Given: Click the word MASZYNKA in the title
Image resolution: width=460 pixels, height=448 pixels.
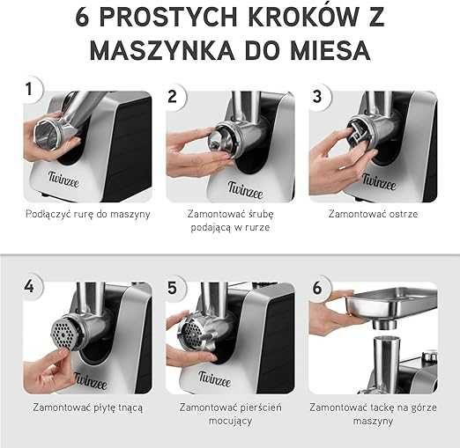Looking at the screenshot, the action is click(x=162, y=50).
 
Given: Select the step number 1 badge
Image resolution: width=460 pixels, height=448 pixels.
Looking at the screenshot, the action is click(x=29, y=89).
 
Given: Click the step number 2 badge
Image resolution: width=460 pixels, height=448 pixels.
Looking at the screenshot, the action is click(x=173, y=96).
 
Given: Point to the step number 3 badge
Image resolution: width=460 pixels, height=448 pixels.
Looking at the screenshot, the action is click(x=317, y=96).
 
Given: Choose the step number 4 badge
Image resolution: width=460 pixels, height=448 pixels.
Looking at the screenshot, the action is click(x=29, y=286).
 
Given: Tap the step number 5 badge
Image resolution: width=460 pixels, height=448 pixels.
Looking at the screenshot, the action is click(x=173, y=288).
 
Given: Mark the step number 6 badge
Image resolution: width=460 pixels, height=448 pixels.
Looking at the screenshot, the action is click(x=317, y=288).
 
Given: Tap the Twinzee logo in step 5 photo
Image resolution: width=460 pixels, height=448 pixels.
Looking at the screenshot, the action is click(x=214, y=378).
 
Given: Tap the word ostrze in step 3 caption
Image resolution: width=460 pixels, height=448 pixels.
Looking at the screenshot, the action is click(x=403, y=214).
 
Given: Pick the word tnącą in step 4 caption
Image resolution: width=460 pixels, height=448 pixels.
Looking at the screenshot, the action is click(x=130, y=408).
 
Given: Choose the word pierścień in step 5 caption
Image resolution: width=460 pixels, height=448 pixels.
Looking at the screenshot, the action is click(x=261, y=408).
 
